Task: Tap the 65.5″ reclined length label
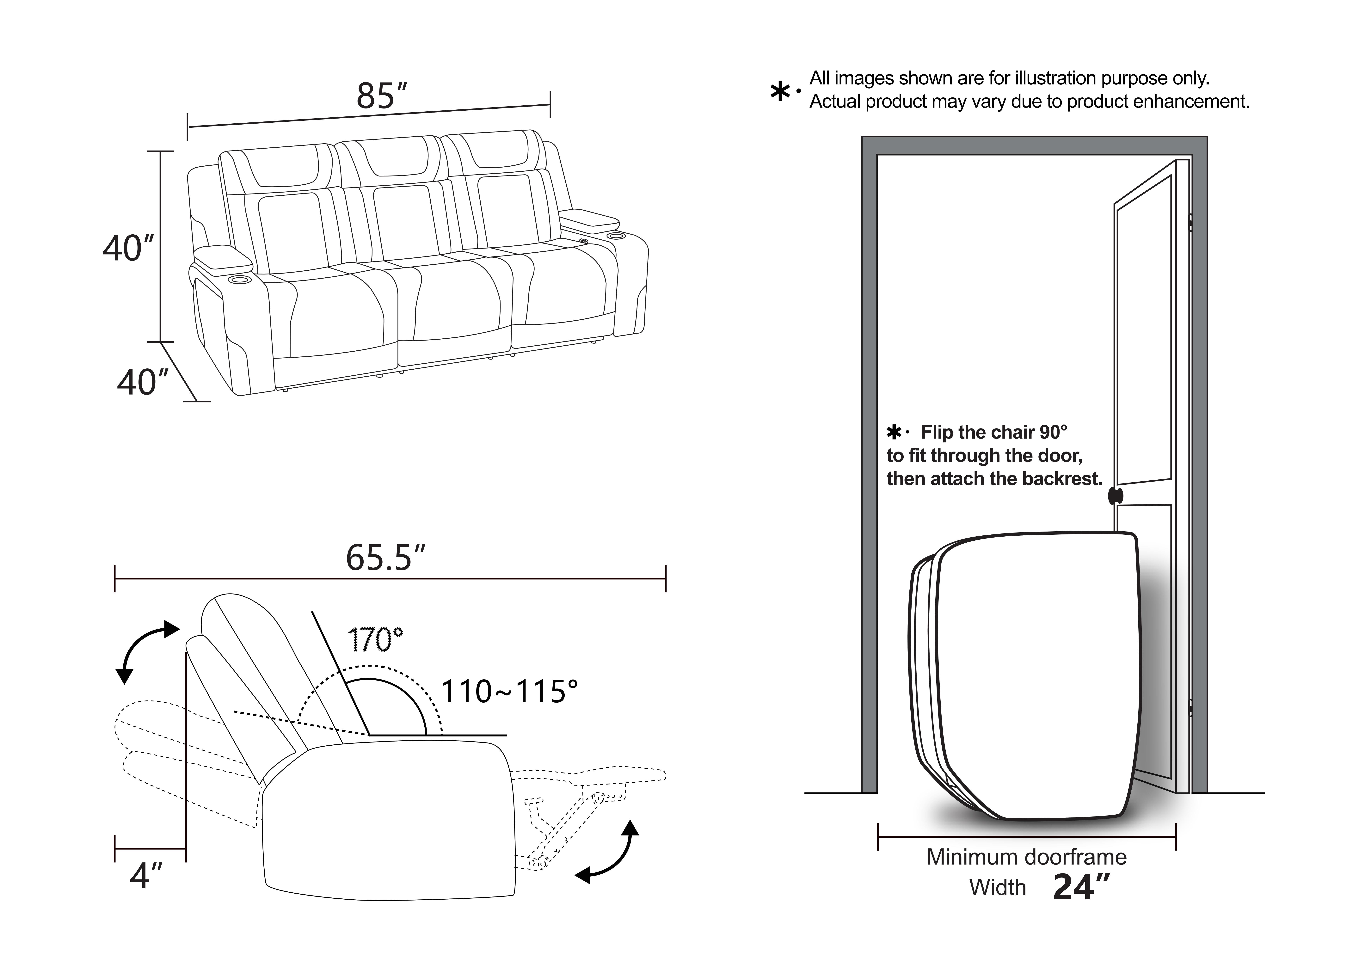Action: click(x=385, y=557)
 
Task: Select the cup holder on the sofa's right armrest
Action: click(x=617, y=236)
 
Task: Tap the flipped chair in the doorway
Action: click(x=1024, y=675)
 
